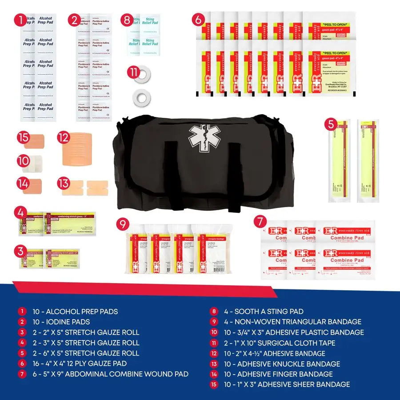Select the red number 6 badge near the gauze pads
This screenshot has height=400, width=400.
(199, 20)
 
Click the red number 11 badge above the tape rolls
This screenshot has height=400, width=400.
(133, 72)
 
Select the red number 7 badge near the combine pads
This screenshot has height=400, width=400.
(260, 221)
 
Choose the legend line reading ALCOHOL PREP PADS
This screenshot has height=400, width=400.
(75, 312)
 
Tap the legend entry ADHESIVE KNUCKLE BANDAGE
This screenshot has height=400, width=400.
(288, 364)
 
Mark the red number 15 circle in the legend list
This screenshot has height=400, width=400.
(214, 384)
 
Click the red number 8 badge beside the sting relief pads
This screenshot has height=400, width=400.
(128, 20)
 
